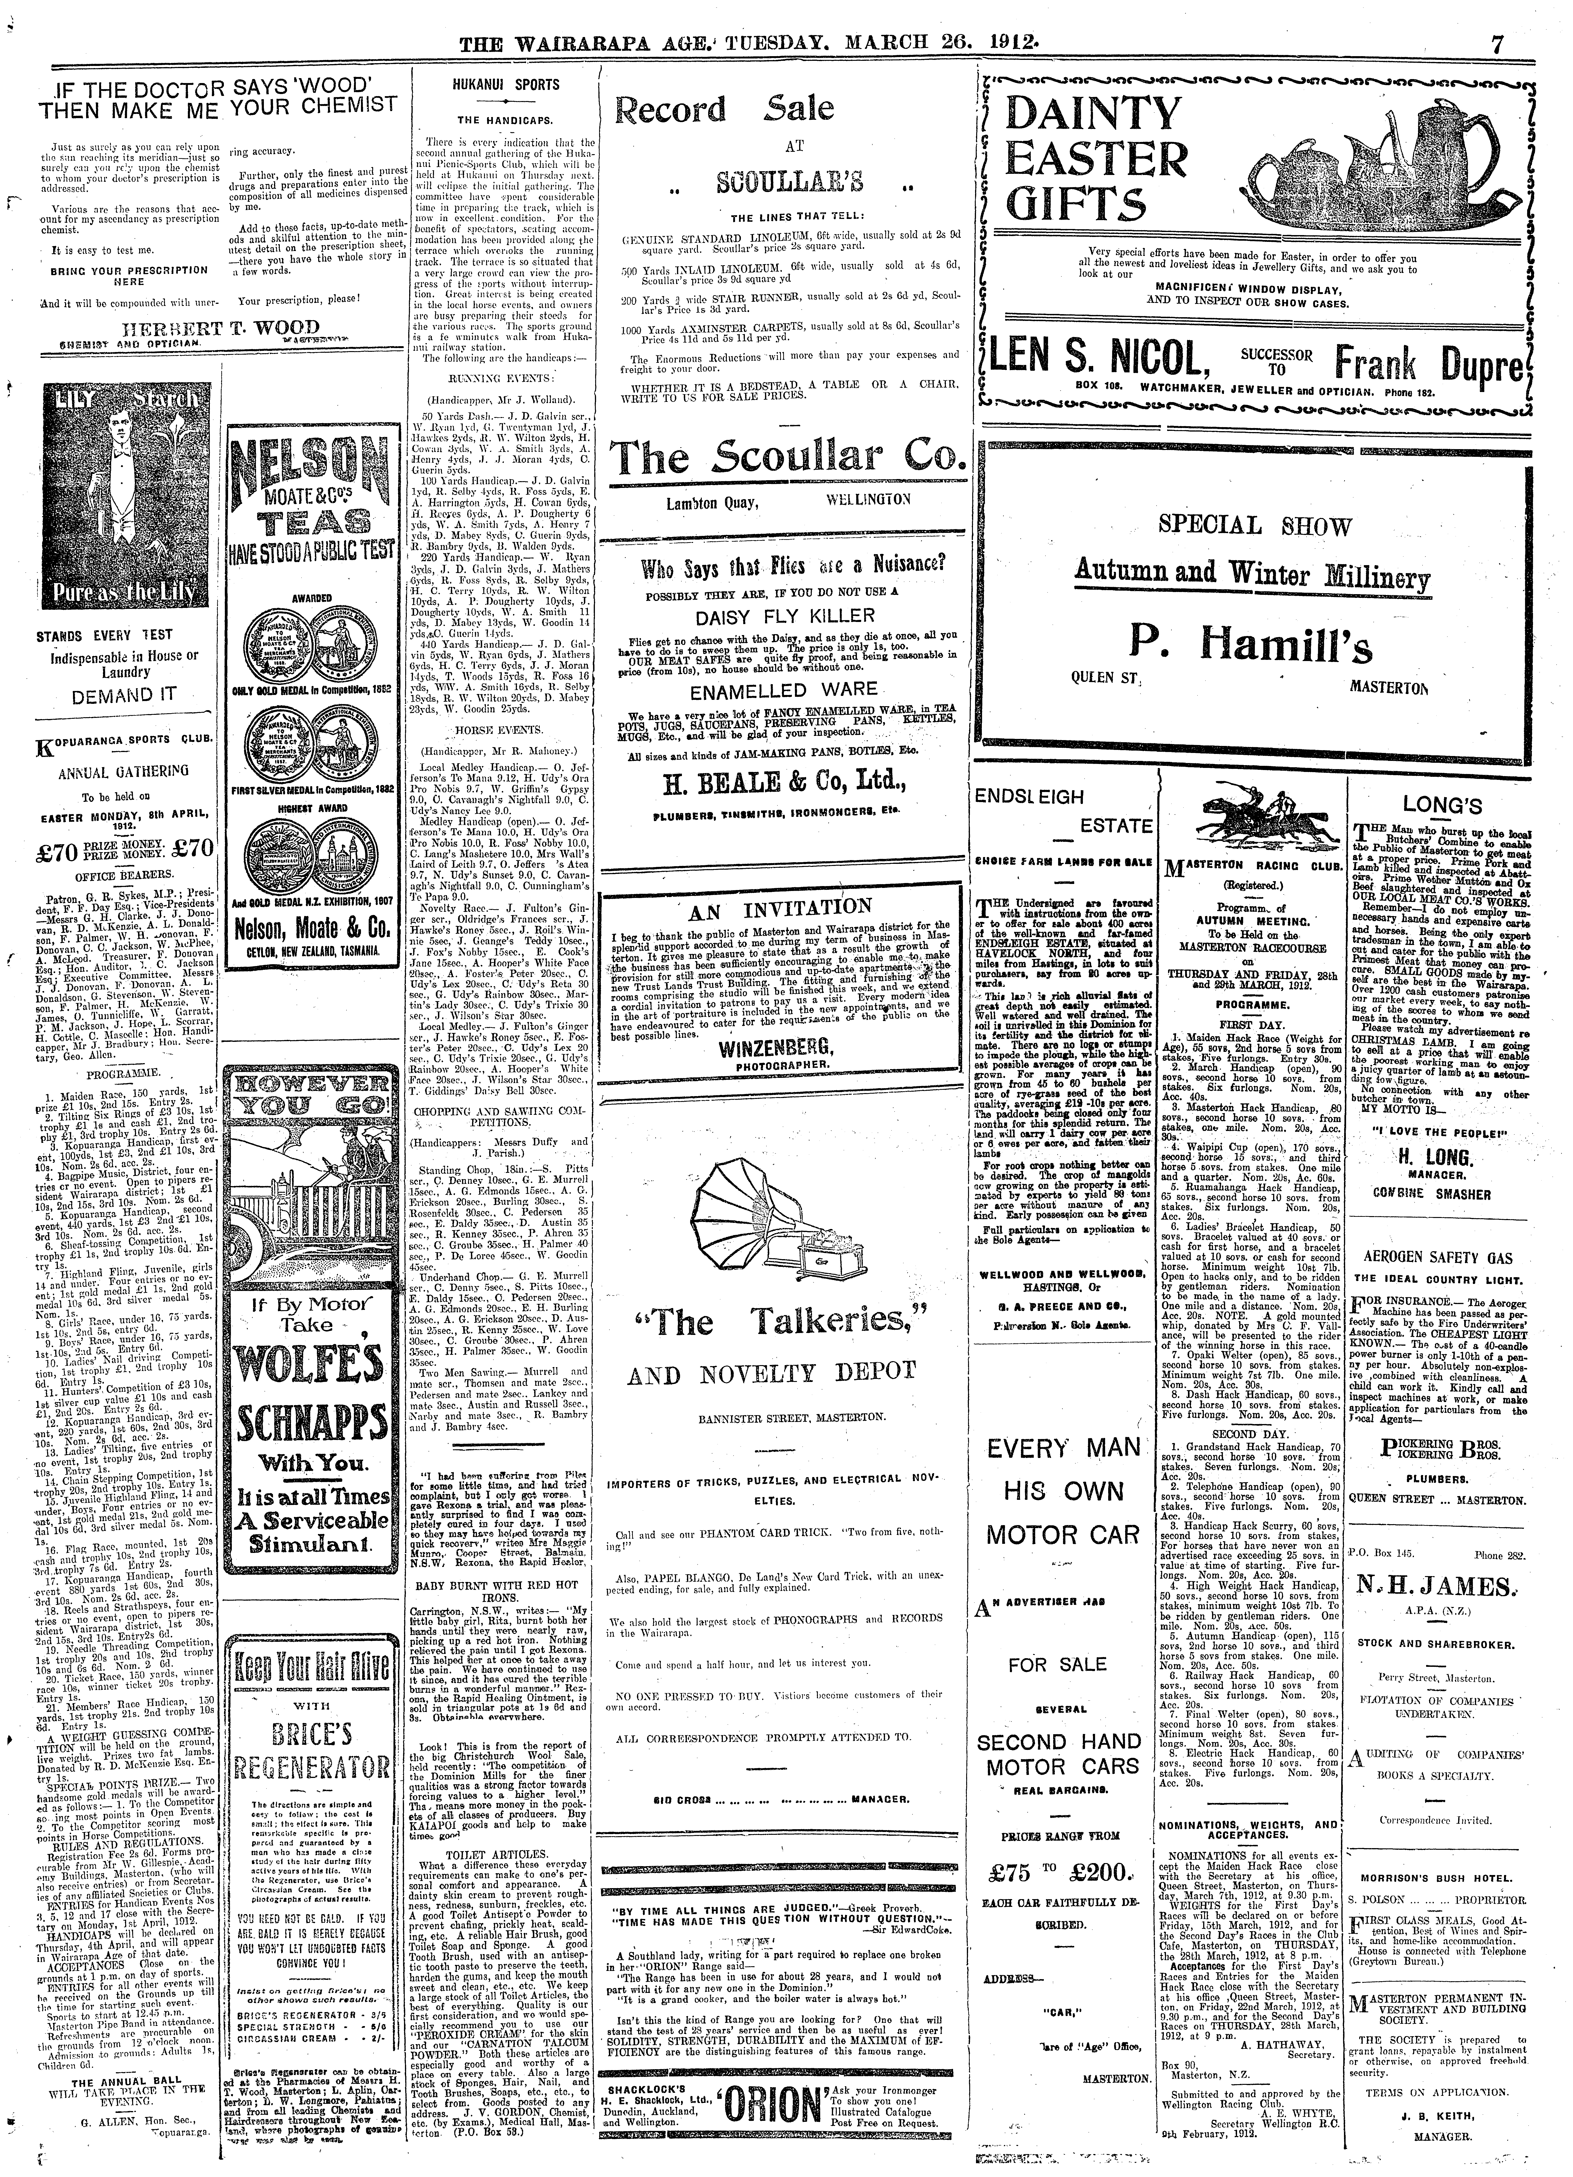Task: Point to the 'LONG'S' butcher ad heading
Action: click(1442, 804)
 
